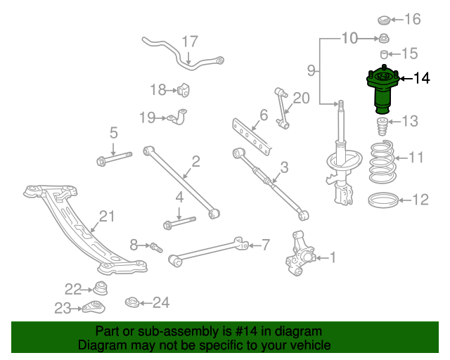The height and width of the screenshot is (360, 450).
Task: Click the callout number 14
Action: click(x=422, y=77)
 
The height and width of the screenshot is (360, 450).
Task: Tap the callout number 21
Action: click(x=106, y=216)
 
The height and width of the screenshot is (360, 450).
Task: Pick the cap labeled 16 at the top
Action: click(x=385, y=19)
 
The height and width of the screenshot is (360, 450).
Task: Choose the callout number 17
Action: click(x=190, y=41)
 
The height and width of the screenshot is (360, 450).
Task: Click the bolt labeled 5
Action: click(x=112, y=159)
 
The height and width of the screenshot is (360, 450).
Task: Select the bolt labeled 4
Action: click(x=179, y=224)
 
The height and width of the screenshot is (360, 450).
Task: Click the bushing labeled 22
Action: click(x=101, y=288)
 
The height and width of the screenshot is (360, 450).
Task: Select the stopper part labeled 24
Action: click(x=131, y=303)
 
